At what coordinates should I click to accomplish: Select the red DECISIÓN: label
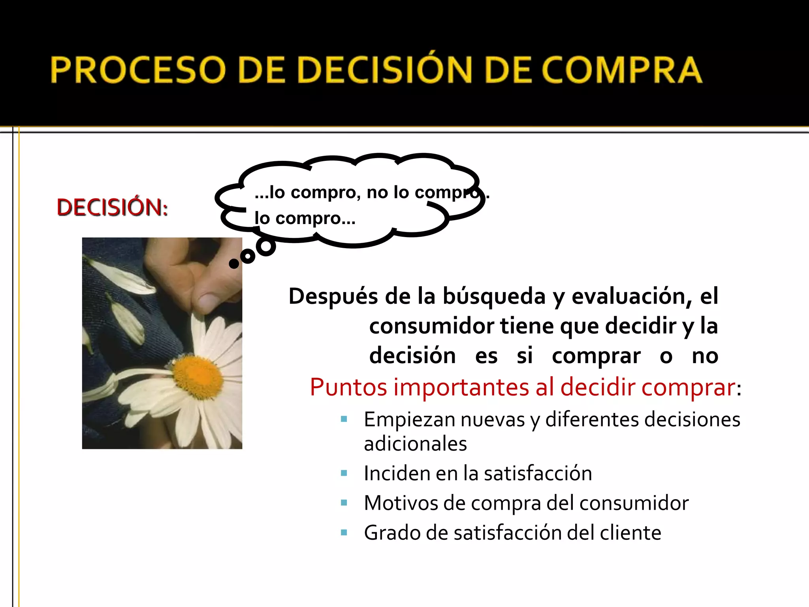[112, 207]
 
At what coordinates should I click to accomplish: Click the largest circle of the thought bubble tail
[266, 246]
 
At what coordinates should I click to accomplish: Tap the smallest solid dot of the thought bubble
[234, 264]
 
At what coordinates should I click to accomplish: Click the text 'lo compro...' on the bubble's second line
[305, 218]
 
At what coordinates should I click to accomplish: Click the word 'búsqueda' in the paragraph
[494, 296]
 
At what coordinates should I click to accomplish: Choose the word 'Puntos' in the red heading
[348, 387]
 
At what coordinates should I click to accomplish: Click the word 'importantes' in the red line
[461, 387]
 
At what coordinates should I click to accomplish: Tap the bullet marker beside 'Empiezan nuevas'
[344, 419]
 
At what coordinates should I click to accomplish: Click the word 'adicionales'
[415, 444]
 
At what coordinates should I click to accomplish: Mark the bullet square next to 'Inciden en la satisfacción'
[344, 473]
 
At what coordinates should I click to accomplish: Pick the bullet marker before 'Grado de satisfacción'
[344, 533]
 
